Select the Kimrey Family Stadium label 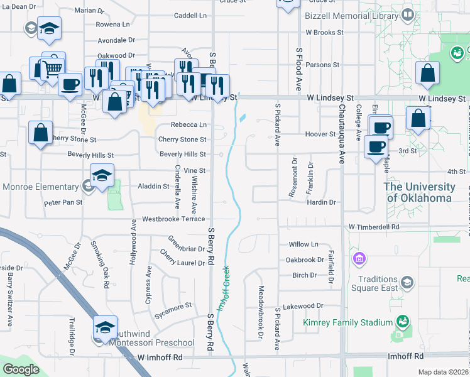coord(347,322)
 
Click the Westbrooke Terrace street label coord(173,219)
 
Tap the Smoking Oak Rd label coord(99,261)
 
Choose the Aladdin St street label coord(154,186)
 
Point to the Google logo coord(21,369)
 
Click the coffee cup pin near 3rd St coord(376,147)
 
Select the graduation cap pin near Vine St coord(102,177)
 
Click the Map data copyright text coord(443,372)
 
